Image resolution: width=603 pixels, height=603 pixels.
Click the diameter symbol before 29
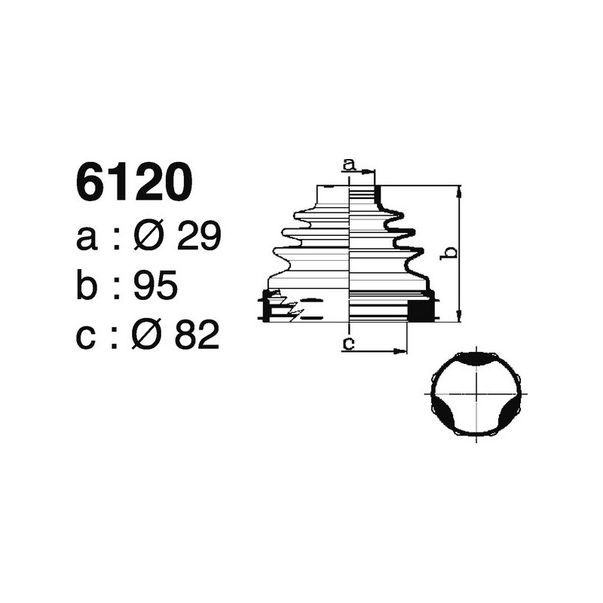(x=148, y=237)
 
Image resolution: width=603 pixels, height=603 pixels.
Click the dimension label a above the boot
(x=348, y=163)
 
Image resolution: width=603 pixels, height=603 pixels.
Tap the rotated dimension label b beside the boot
(x=448, y=253)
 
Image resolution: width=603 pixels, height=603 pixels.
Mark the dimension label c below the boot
(x=348, y=344)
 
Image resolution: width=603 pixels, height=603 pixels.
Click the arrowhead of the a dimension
(x=370, y=172)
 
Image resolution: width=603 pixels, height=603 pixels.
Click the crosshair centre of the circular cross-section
(x=478, y=393)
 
